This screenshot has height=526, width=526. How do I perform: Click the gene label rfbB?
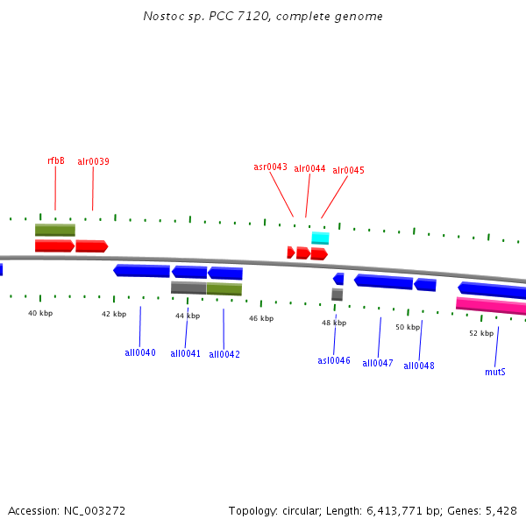55,160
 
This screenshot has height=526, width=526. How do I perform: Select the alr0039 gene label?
93,161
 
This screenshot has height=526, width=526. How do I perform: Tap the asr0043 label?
270,167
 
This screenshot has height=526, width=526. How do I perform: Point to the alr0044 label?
309,168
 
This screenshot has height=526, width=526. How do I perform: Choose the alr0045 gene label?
348,170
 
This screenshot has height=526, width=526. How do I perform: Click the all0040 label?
140,352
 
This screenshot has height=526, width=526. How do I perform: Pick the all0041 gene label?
186,353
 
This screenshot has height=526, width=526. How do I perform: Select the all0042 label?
224,354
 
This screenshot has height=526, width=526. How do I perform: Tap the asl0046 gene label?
334,360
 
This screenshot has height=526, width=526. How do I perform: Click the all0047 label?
378,363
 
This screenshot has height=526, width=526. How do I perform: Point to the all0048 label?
419,366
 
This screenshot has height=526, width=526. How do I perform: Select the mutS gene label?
495,372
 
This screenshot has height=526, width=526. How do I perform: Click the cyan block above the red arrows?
320,238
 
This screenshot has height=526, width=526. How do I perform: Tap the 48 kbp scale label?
334,323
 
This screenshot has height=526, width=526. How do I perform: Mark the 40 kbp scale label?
40,313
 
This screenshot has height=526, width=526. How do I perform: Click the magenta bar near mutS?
491,305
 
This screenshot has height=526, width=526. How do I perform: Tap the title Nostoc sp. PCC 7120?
203,17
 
